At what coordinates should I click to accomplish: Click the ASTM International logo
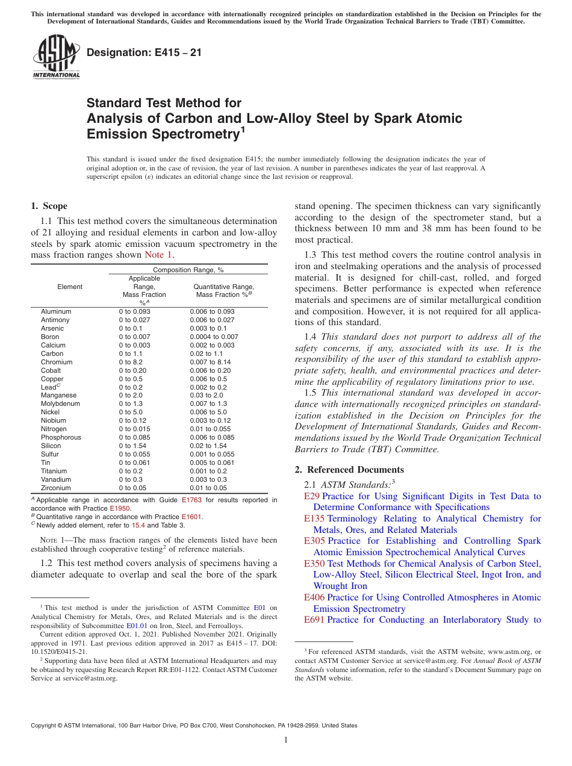tap(55, 57)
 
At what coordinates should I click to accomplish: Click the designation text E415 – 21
tap(144, 52)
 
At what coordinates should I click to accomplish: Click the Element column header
tap(70, 287)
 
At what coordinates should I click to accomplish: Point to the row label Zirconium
tap(56, 488)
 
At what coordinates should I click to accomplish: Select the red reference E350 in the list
tap(315, 564)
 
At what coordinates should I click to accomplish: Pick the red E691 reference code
tap(315, 620)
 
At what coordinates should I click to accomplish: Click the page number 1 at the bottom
tap(286, 740)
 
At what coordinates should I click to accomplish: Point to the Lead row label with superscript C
tap(51, 387)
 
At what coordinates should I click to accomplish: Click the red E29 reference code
tap(312, 496)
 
